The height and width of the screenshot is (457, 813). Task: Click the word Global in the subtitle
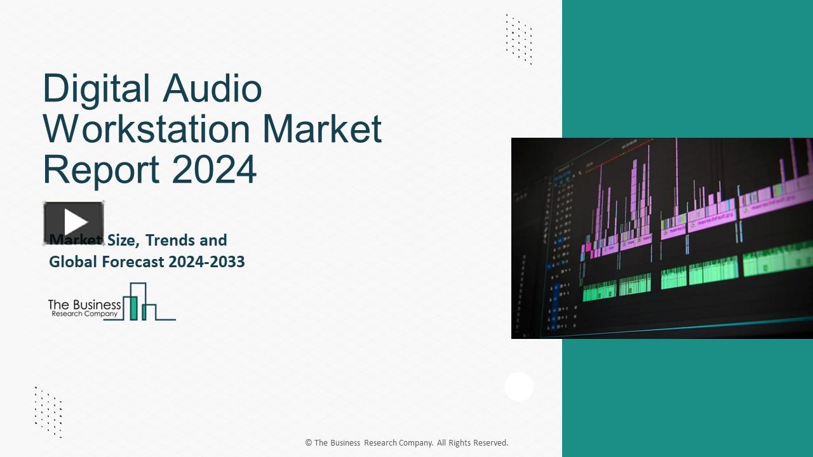coord(71,262)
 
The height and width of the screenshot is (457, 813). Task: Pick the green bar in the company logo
coord(134,307)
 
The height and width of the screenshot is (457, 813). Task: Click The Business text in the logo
coord(84,305)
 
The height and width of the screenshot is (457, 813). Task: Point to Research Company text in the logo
coord(84,314)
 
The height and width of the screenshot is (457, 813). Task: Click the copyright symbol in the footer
coord(308,443)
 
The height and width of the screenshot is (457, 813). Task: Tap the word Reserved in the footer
coord(490,443)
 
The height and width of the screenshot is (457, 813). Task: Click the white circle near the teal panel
coord(519,387)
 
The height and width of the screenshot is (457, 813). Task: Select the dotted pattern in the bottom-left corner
coord(48,411)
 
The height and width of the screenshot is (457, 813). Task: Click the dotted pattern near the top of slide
coord(519,39)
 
